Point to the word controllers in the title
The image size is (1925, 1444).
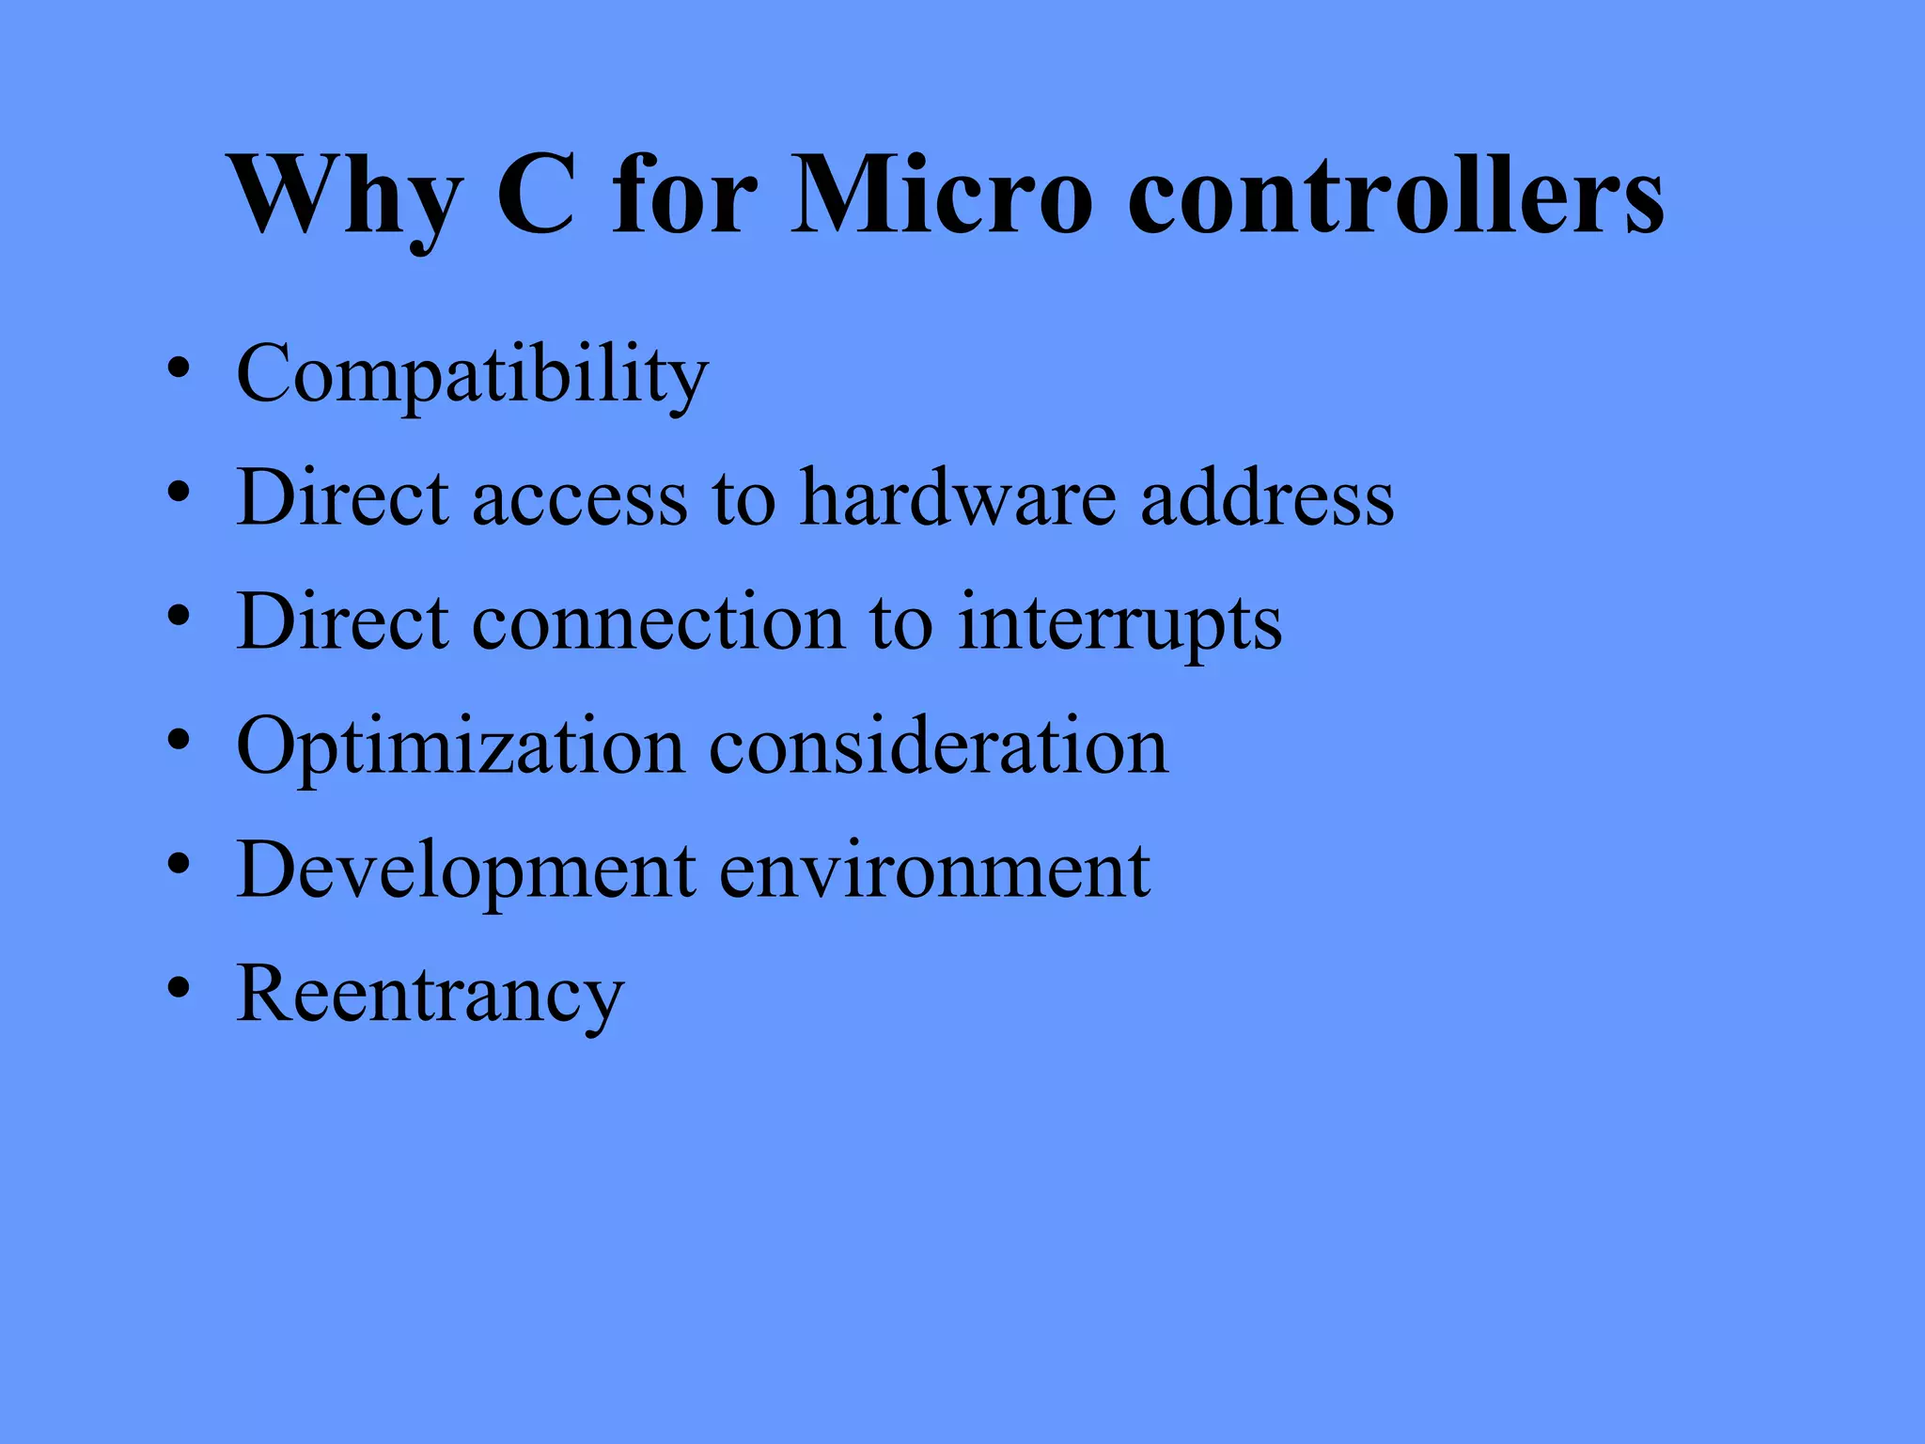(x=1395, y=196)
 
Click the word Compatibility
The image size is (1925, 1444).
(x=472, y=374)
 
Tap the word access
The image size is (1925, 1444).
(x=580, y=498)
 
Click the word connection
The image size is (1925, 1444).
(x=658, y=621)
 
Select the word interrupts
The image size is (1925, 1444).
(x=1119, y=622)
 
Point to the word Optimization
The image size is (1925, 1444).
(x=461, y=746)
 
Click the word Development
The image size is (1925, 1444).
(x=466, y=871)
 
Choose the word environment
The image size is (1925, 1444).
(x=934, y=871)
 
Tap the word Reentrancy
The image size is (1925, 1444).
(x=430, y=995)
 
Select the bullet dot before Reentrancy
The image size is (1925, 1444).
(x=180, y=988)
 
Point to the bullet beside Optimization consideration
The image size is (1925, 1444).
(x=180, y=740)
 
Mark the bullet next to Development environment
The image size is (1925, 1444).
(x=180, y=864)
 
